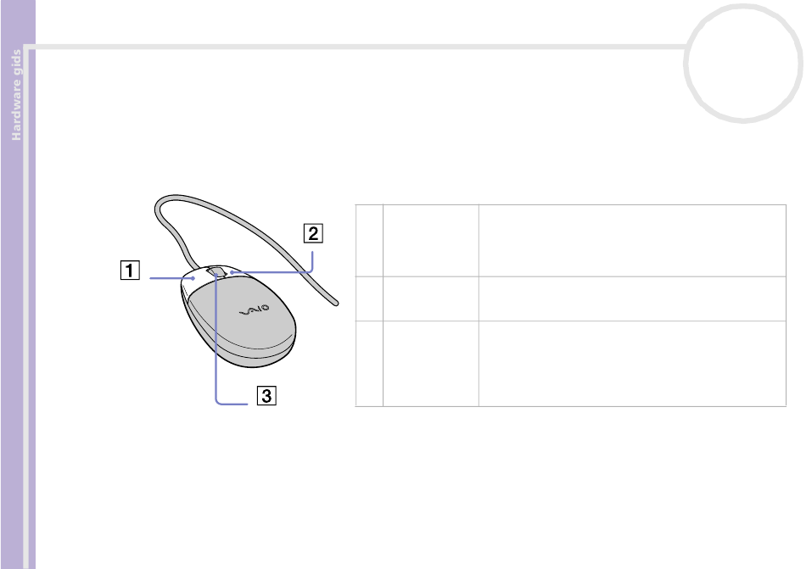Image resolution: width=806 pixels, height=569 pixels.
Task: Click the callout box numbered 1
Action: coord(130,271)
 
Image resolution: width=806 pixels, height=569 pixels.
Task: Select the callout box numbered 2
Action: coord(313,233)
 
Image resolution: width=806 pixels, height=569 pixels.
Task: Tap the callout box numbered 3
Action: coord(266,395)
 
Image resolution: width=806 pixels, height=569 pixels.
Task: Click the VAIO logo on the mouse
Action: coord(255,310)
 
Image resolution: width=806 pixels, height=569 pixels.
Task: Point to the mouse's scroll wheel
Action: coord(216,271)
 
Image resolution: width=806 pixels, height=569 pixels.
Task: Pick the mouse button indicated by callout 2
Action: coord(238,274)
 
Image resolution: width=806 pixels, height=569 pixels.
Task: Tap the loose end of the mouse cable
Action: coord(336,304)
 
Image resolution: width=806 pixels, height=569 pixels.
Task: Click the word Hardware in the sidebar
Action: coord(16,109)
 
